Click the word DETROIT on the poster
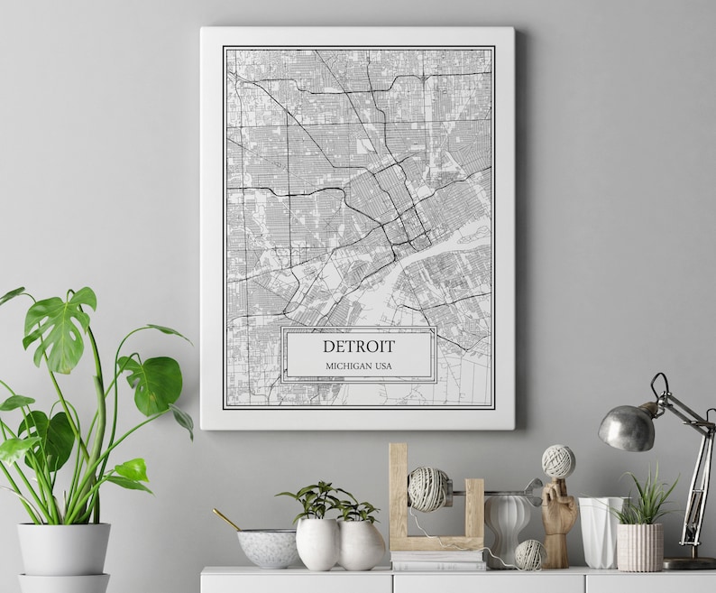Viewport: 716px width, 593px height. point(358,346)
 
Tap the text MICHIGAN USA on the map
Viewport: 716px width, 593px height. point(358,366)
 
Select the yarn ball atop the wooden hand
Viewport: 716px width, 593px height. point(558,461)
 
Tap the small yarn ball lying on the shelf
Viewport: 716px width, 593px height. point(529,554)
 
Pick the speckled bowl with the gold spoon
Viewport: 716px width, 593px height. point(267,547)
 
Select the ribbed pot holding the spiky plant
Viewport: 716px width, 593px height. point(638,547)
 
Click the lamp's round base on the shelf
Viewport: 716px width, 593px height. point(690,562)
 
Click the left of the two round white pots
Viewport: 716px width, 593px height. point(317,544)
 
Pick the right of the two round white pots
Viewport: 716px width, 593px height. point(361,545)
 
